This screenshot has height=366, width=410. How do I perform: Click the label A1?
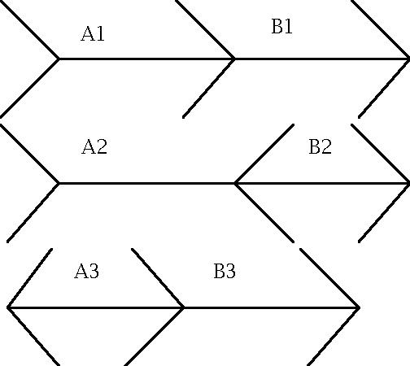pos(93,33)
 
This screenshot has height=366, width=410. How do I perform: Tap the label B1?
pos(282,26)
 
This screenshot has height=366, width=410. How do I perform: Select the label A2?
pos(94,146)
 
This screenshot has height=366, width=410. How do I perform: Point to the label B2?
pos(321,146)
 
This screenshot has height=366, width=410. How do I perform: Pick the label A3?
pos(87,271)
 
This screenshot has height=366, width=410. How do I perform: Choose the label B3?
pos(225,271)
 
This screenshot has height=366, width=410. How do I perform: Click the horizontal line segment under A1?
pos(146,59)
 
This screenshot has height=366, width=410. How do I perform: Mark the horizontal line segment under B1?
pos(322,59)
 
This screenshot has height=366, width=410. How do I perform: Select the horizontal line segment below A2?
pos(146,184)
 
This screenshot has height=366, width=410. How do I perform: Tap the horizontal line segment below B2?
pos(322,184)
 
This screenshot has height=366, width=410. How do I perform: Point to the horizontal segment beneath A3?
pos(95,307)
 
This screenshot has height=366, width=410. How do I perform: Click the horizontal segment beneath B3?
pos(272,307)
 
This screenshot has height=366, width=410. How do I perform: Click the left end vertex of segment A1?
pos(59,59)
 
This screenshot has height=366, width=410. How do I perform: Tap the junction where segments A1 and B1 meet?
pos(235,59)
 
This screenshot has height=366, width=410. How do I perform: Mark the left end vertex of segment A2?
pos(59,184)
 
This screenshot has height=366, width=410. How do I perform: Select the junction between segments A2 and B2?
pos(235,184)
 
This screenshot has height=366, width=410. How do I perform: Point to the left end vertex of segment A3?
pos(7,307)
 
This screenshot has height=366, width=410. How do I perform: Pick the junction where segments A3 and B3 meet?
pos(184,307)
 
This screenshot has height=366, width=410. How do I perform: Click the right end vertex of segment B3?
pos(360,307)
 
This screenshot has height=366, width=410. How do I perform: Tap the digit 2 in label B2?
pos(326,146)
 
